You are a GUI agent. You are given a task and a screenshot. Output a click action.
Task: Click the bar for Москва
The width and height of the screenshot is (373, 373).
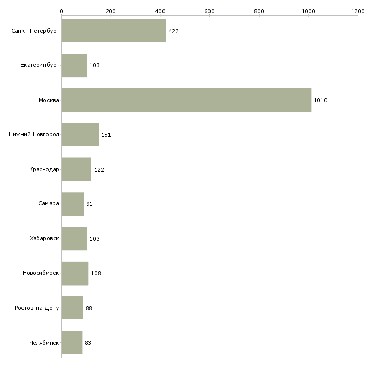(186, 100)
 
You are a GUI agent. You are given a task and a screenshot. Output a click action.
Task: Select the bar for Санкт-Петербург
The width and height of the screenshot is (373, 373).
(113, 31)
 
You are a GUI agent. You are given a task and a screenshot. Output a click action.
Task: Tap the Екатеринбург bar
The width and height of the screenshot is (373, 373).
(74, 65)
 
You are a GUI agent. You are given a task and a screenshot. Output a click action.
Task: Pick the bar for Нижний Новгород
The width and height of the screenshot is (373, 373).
(80, 135)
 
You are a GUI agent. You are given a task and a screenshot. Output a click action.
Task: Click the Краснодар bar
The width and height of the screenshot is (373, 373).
(76, 169)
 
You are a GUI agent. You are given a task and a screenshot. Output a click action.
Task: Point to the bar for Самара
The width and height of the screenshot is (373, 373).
(73, 204)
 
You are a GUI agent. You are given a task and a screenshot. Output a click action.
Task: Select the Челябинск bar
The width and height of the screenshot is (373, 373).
(72, 342)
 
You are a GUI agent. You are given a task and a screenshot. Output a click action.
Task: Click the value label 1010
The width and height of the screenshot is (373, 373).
(320, 100)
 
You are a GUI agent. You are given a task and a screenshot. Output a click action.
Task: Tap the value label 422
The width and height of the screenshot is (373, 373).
(173, 31)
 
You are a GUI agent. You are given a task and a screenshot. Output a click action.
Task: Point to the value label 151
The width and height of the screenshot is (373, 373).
(106, 135)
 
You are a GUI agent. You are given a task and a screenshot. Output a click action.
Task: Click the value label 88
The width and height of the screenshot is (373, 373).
(89, 308)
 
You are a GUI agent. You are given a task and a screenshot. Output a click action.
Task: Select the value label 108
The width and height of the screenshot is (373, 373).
(96, 273)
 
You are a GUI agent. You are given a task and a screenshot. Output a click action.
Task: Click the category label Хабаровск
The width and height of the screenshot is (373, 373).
(44, 239)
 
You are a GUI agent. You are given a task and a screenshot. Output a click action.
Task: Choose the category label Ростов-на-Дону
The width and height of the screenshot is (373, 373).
(37, 308)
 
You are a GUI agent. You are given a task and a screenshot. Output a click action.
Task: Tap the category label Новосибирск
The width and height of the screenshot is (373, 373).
(41, 273)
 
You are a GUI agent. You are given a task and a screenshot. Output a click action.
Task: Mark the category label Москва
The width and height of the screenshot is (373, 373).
(49, 100)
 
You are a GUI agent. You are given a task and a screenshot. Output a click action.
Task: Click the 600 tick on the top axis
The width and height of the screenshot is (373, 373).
(209, 11)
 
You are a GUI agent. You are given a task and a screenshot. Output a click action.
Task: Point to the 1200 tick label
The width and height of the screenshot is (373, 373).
(358, 11)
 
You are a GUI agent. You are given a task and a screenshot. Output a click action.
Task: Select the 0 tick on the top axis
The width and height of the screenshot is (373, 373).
(61, 11)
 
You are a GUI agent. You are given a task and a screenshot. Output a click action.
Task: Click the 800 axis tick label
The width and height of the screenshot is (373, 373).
(259, 11)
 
